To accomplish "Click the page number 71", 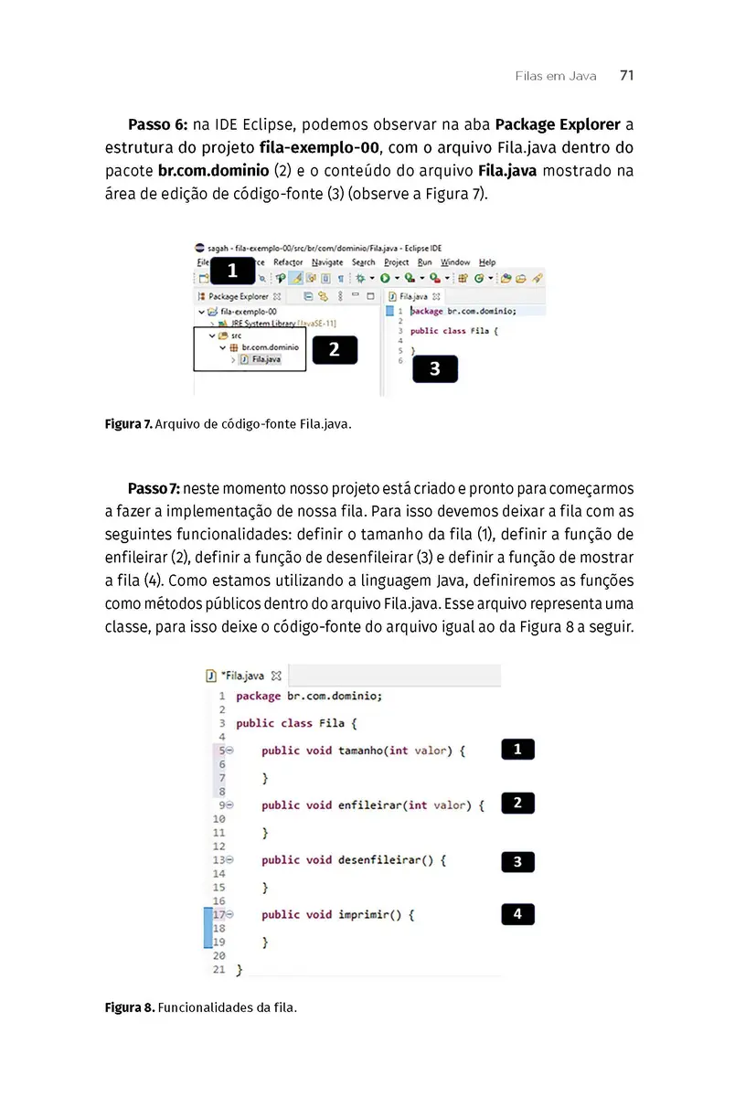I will (x=626, y=76).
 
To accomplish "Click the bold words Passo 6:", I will (x=157, y=124).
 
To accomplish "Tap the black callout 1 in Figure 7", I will (x=232, y=271).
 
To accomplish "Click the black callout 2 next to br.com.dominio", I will (x=334, y=349).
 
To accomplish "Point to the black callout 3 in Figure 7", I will (x=434, y=369).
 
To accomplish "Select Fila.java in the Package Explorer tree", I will (x=266, y=359).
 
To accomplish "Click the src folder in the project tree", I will (x=236, y=335).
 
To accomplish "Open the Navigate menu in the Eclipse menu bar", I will (x=327, y=262).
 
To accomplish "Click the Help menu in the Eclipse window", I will (x=487, y=262).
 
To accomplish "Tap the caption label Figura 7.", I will (x=128, y=424).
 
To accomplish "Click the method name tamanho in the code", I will (x=359, y=751).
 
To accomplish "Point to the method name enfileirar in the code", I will (x=369, y=805).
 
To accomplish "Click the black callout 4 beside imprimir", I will (x=517, y=913).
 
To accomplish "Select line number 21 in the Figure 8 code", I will (x=218, y=968).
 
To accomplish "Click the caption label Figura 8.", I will (x=129, y=1007).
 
